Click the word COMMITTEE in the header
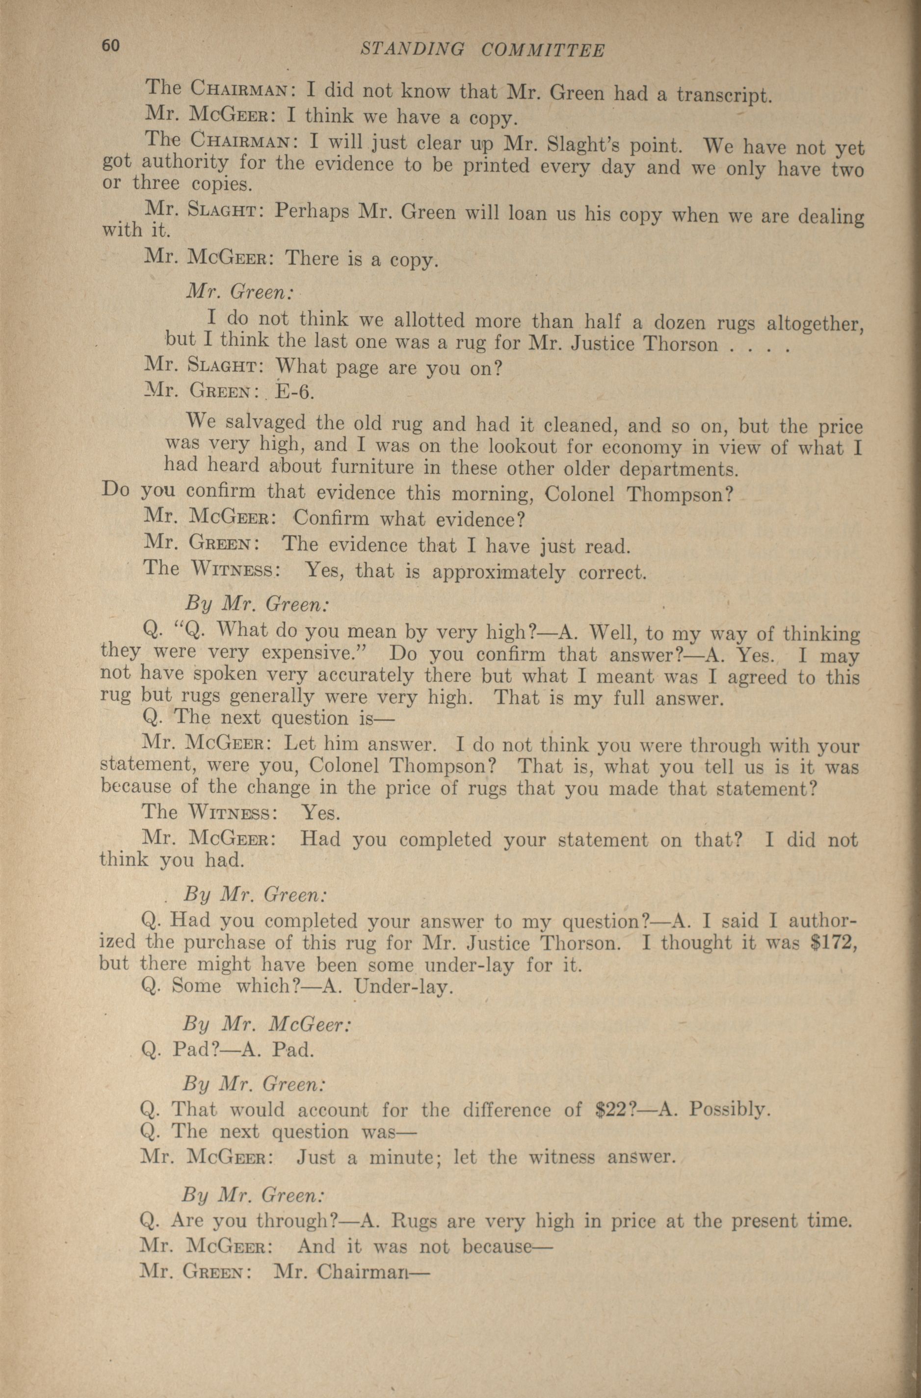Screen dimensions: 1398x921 pyautogui.click(x=543, y=51)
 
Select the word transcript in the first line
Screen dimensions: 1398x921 pyautogui.click(x=723, y=95)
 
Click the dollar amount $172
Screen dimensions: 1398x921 pyautogui.click(x=835, y=943)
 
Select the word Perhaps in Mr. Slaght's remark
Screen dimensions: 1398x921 pyautogui.click(x=312, y=211)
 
